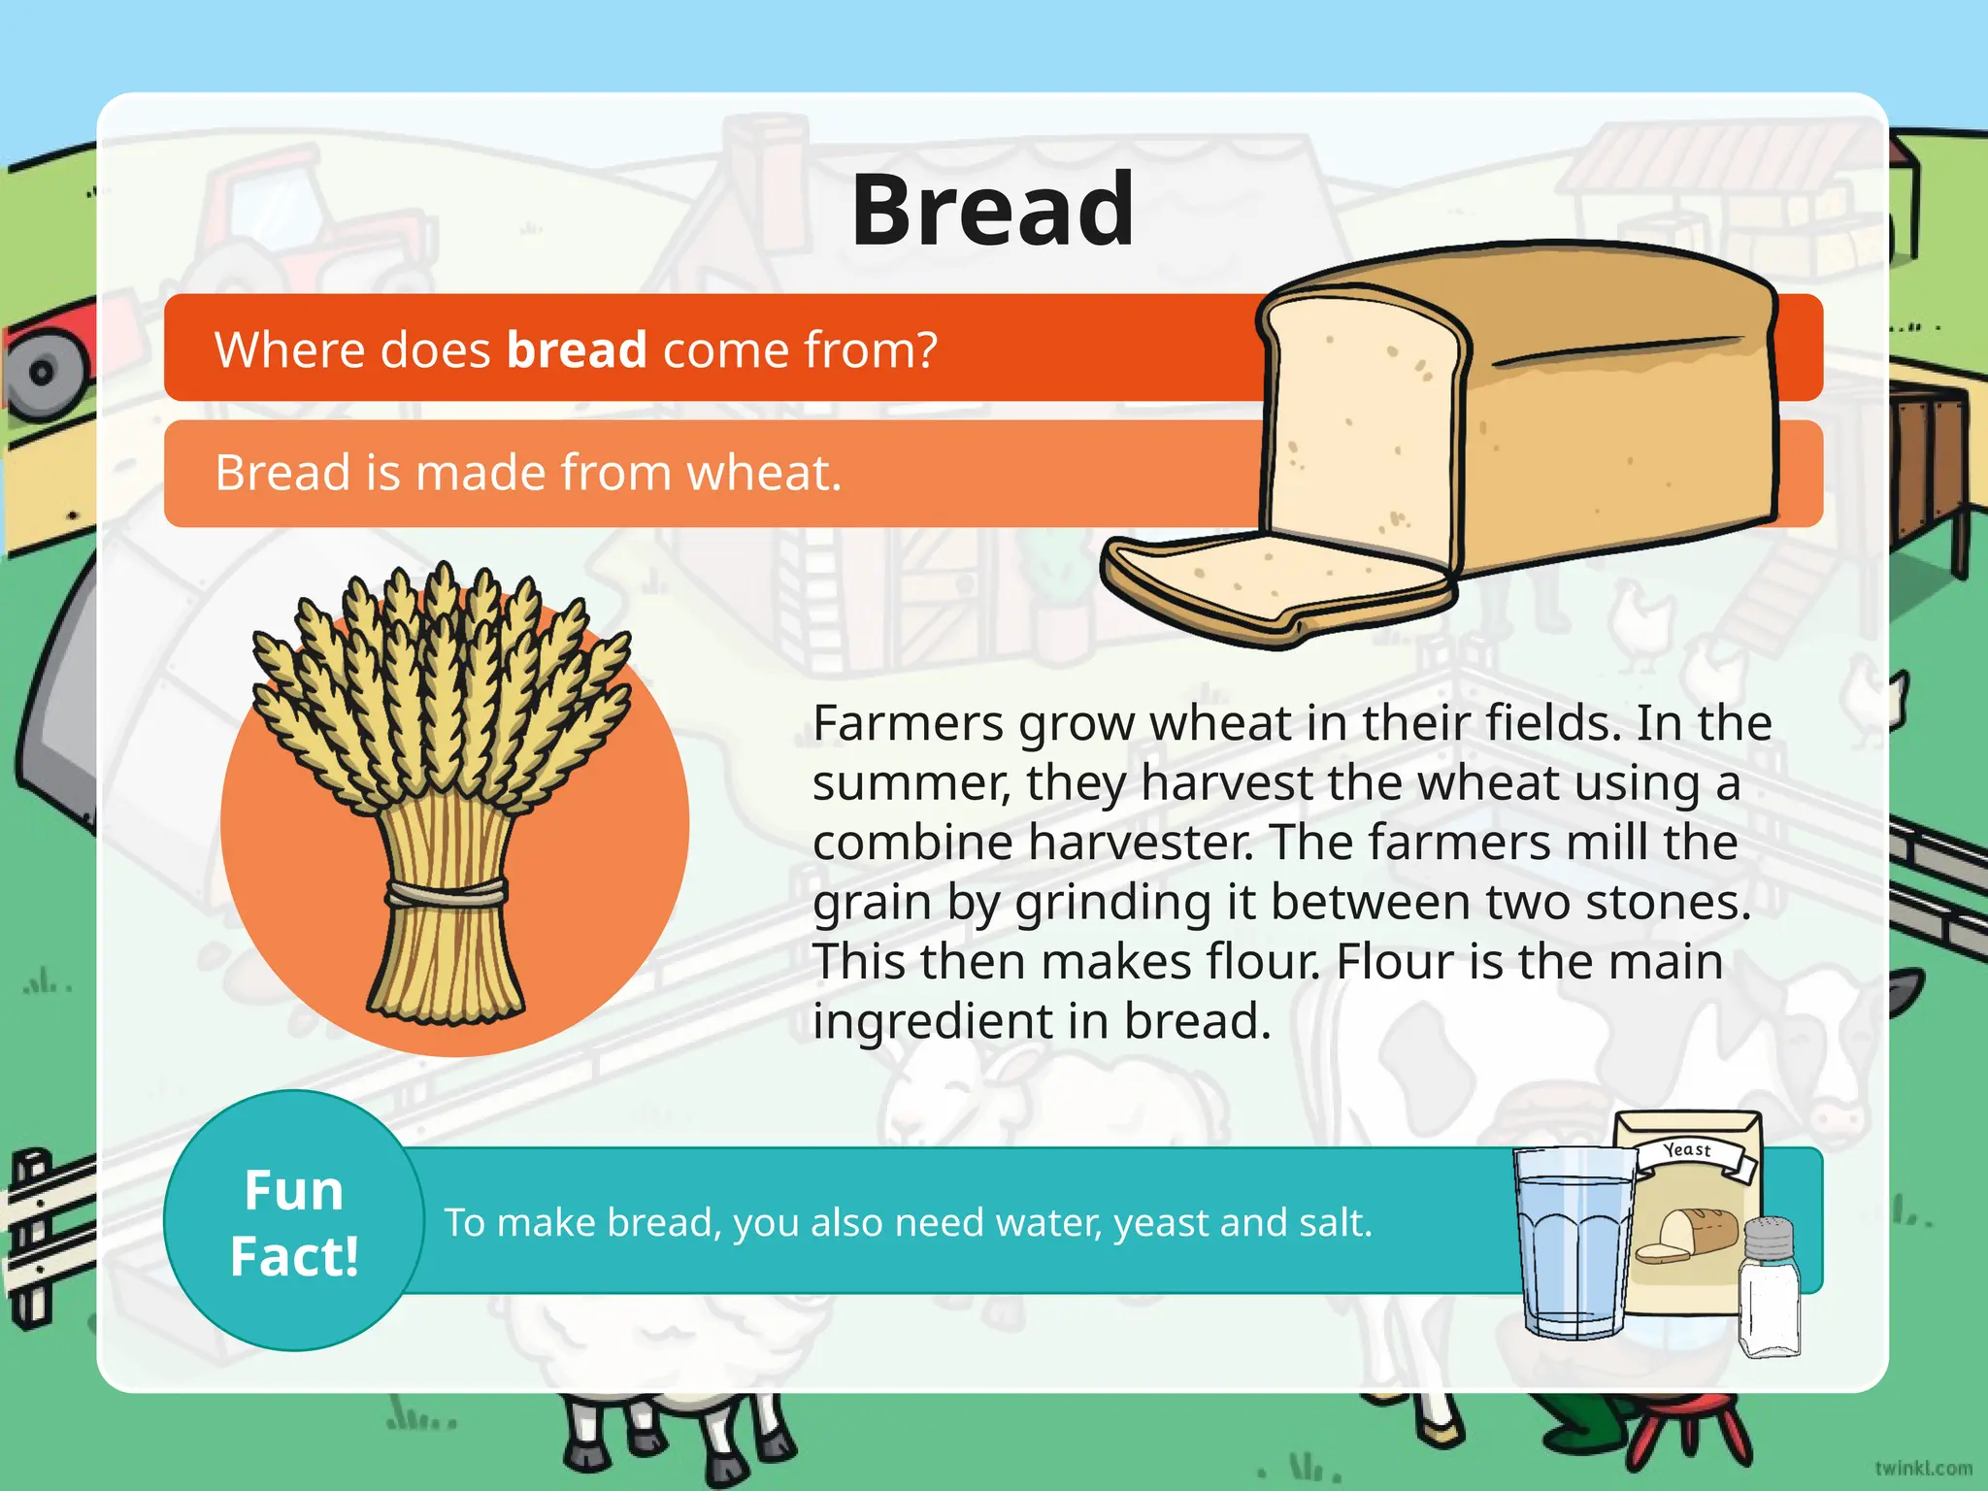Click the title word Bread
(x=992, y=210)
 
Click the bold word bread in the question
(x=577, y=349)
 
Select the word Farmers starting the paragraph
(x=908, y=723)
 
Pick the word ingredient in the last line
(x=959, y=1021)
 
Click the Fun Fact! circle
(x=294, y=1221)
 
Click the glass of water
(x=1574, y=1242)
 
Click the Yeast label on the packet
(x=1687, y=1150)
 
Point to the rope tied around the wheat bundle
(x=447, y=893)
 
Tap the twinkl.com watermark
(x=1923, y=1468)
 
